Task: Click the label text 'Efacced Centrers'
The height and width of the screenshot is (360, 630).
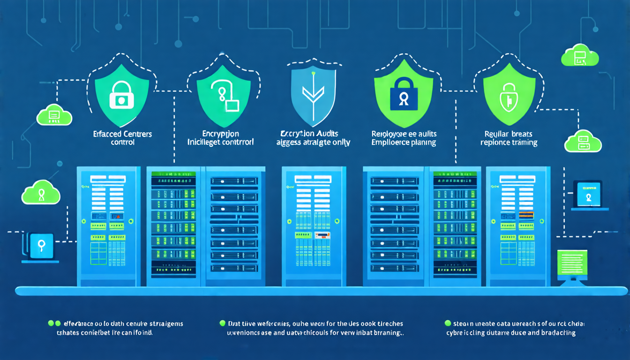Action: [x=123, y=134]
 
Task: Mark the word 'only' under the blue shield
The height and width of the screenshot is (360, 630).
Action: [x=341, y=142]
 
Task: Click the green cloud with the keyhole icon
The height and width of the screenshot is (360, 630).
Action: [x=41, y=192]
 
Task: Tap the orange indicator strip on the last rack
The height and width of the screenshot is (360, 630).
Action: [x=526, y=215]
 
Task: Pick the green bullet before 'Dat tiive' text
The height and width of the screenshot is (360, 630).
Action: [x=222, y=323]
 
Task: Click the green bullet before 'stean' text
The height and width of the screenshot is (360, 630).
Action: [x=448, y=323]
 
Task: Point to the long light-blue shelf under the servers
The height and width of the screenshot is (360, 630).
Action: [x=321, y=292]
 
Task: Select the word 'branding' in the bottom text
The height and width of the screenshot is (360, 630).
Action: [x=387, y=333]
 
